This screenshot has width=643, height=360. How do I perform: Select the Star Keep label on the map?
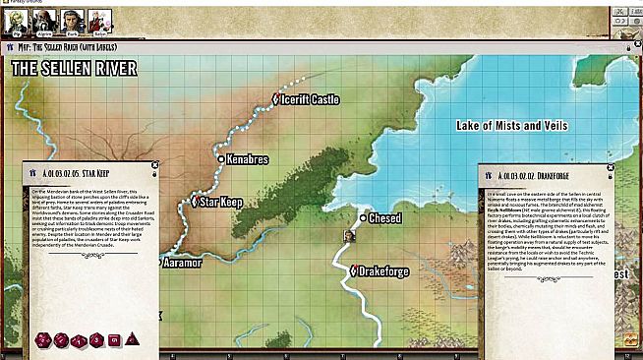pyautogui.click(x=222, y=202)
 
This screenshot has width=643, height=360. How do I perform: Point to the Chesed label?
pyautogui.click(x=384, y=217)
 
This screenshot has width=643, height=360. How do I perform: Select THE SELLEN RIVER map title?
pyautogui.click(x=74, y=68)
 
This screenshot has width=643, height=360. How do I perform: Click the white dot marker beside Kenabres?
pyautogui.click(x=220, y=157)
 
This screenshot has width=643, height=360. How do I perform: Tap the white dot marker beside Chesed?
pyautogui.click(x=363, y=217)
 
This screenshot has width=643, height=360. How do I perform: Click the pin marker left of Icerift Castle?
pyautogui.click(x=275, y=98)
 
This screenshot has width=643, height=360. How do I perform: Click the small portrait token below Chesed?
pyautogui.click(x=348, y=236)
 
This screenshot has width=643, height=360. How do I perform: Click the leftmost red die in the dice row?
pyautogui.click(x=43, y=340)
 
